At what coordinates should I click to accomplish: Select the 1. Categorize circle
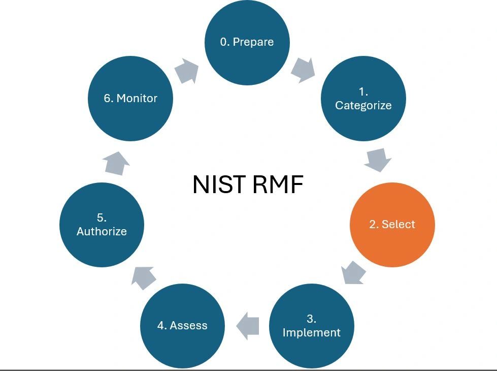point(363,99)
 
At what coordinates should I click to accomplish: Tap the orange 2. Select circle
point(392,225)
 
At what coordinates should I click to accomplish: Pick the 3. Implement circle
point(311,326)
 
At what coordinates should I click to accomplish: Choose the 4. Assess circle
point(182,326)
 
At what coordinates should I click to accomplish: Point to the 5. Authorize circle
point(102,225)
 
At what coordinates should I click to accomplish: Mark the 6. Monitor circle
point(130,99)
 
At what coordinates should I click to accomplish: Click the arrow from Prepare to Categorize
point(303,69)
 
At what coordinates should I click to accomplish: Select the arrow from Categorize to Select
point(378,160)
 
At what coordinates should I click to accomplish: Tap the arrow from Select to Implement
point(353,273)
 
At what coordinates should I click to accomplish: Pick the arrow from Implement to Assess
point(248,326)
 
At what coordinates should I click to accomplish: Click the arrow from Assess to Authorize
point(143,277)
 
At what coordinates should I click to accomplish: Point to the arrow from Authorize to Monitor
point(116,163)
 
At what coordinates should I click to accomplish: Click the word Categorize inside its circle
point(363,106)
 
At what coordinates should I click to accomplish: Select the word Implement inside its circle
point(311,333)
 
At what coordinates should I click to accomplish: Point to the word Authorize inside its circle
point(102,232)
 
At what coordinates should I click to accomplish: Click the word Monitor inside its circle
point(137,99)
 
